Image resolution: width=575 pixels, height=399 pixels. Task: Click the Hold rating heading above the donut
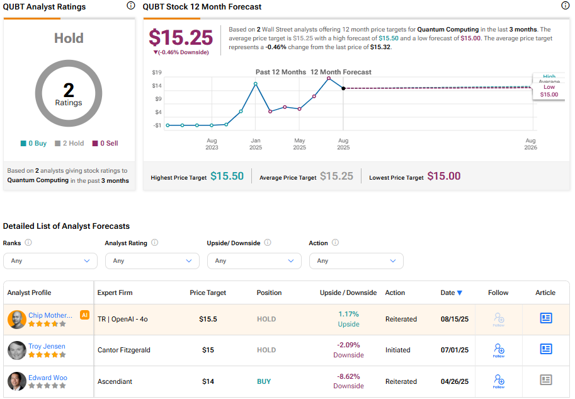click(69, 38)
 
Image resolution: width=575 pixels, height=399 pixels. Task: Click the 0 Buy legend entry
click(33, 143)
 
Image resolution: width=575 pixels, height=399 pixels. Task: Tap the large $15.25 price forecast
click(181, 38)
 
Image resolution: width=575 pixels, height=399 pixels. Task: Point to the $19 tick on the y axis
click(157, 72)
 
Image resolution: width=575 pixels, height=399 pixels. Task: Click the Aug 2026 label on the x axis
click(531, 144)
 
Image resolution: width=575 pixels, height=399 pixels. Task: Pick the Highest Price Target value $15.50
click(227, 176)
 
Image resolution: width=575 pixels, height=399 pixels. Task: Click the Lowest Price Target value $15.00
click(443, 176)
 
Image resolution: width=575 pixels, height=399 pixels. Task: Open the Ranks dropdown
click(50, 260)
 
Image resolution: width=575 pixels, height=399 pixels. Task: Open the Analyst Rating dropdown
click(152, 260)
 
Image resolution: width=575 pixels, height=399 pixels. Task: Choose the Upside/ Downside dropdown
click(254, 260)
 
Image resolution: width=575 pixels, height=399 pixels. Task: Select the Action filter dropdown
click(356, 260)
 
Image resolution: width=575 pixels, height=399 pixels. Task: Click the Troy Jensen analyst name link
click(47, 346)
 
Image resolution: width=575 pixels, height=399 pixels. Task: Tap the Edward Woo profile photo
click(17, 381)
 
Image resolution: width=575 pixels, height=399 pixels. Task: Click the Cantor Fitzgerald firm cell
click(123, 350)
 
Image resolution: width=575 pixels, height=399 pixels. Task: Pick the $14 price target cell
click(208, 381)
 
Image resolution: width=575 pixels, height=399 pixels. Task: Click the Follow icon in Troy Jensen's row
click(499, 350)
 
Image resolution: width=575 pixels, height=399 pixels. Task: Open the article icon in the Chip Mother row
click(546, 318)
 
